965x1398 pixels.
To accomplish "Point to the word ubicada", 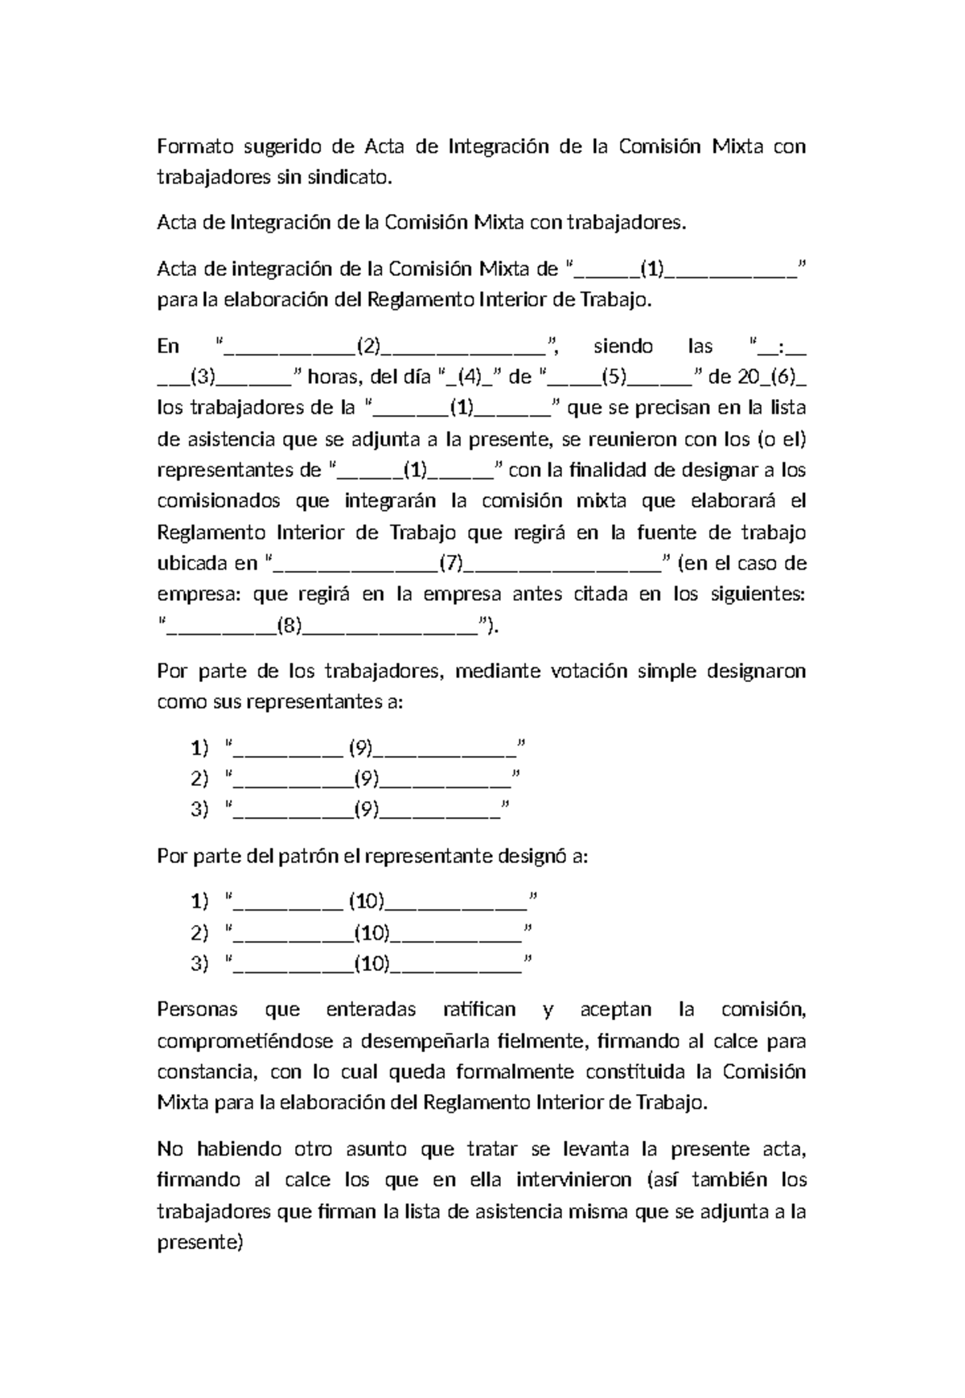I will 189,563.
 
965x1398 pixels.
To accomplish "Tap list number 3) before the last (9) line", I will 199,809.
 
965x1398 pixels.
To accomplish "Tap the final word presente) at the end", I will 199,1243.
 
